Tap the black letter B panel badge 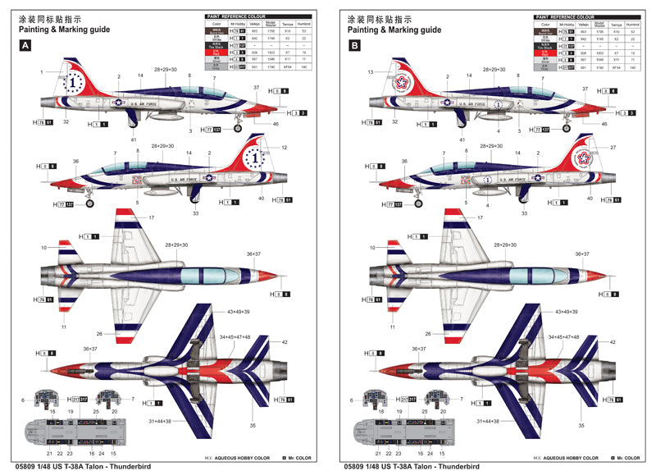pyautogui.click(x=354, y=47)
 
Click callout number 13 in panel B pyautogui.click(x=371, y=72)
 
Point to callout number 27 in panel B pyautogui.click(x=611, y=148)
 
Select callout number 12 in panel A pyautogui.click(x=284, y=148)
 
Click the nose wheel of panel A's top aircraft pyautogui.click(x=239, y=128)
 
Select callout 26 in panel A pyautogui.click(x=98, y=333)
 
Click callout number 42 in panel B pyautogui.click(x=615, y=342)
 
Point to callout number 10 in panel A pyautogui.click(x=43, y=246)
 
